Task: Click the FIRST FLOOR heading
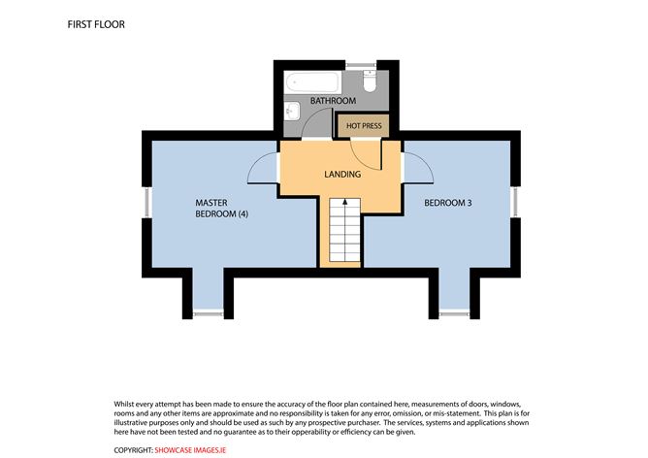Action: coord(97,22)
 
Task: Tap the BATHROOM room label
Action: coord(333,101)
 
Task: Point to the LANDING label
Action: coord(341,175)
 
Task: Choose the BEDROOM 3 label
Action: coord(447,203)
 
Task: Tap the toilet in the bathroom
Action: coord(367,81)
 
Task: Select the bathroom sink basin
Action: coord(293,112)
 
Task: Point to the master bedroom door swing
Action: coord(265,169)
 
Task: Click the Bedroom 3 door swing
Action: coord(418,169)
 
